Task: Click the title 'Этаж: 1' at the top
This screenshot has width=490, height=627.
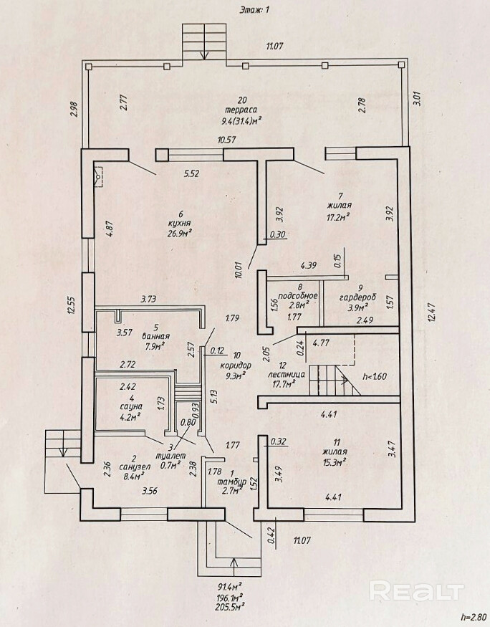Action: (245, 9)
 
